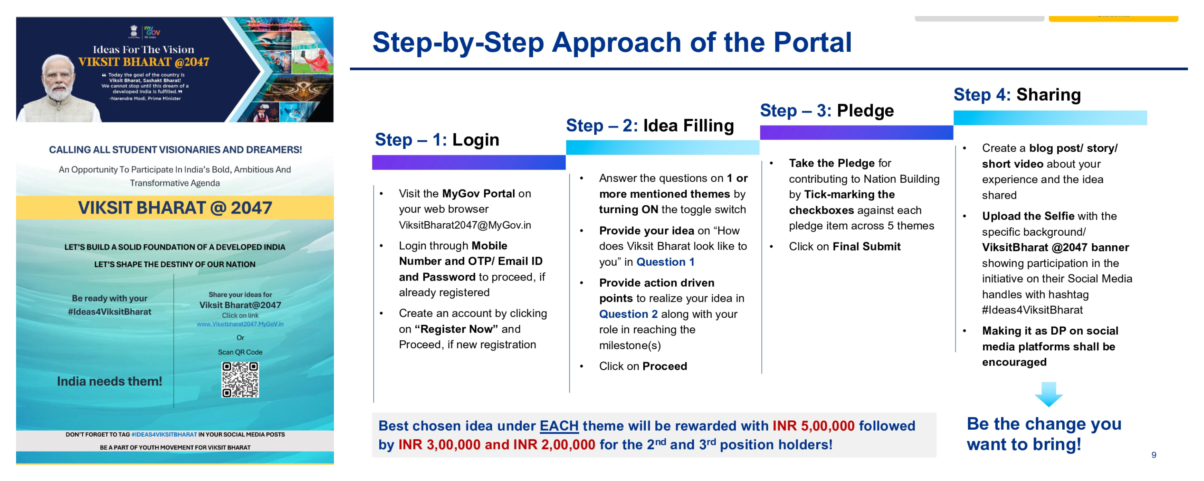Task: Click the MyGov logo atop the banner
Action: point(152,32)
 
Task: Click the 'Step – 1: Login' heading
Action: point(437,139)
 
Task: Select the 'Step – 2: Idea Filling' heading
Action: point(650,125)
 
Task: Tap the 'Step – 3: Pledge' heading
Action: point(826,111)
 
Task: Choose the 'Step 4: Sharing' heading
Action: point(1017,95)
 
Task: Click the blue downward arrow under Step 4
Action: point(1048,394)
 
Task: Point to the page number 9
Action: point(1153,455)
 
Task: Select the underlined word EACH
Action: point(559,426)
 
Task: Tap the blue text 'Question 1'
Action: point(665,262)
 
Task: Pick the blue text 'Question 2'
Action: point(628,314)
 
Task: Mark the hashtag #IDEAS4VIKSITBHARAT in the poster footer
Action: point(164,434)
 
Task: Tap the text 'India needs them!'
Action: point(110,382)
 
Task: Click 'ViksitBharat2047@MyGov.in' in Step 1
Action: point(465,225)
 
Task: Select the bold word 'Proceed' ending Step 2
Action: point(665,366)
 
